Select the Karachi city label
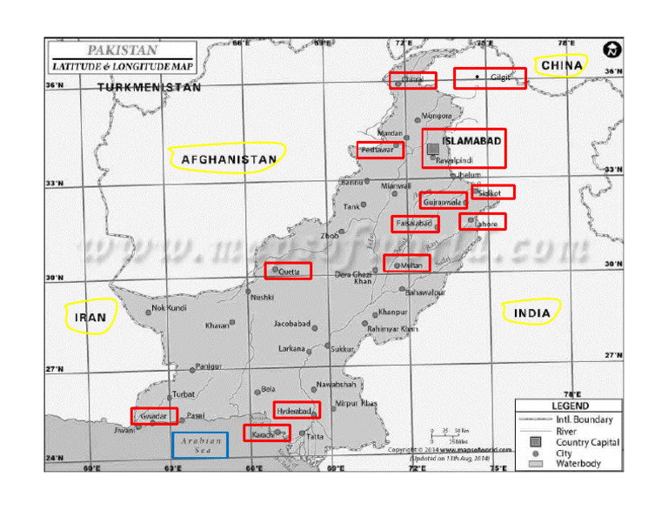coord(263,433)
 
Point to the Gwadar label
coord(153,416)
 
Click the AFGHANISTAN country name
coord(229,159)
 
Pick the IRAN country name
coord(90,318)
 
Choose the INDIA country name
coord(531,313)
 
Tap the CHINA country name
coord(561,65)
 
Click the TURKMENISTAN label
coord(149,87)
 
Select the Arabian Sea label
coord(200,445)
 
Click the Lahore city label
coord(485,224)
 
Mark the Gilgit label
coord(500,77)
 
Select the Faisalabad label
coord(414,224)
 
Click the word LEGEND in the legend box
coord(570,406)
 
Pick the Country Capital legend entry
coord(587,442)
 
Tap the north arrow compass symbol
coord(612,50)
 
